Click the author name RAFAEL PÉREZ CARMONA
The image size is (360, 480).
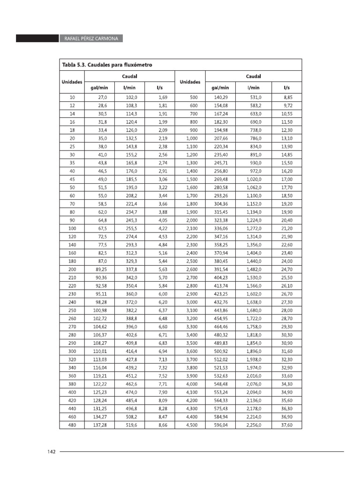(91, 38)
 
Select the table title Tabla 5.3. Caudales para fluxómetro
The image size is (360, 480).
(107, 64)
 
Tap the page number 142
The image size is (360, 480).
(52, 451)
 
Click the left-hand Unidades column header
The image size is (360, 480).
(72, 82)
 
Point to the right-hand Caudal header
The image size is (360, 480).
(254, 76)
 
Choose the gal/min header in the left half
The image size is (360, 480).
(99, 87)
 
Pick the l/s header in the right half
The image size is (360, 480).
(286, 87)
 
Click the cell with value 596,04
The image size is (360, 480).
(220, 425)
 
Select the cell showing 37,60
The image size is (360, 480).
(286, 425)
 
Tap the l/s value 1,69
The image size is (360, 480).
(163, 97)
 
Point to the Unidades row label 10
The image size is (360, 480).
(72, 97)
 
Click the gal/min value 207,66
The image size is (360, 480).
(220, 138)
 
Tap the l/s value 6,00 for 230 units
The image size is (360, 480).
(163, 294)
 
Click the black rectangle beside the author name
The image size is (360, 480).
(37, 38)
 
